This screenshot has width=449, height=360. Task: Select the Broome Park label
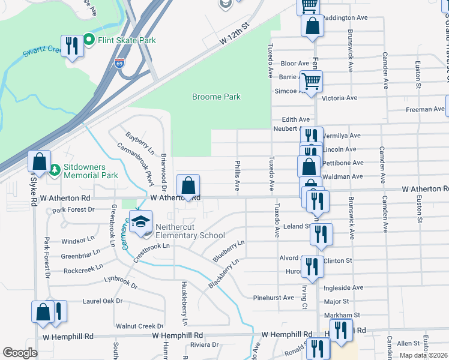pyautogui.click(x=216, y=97)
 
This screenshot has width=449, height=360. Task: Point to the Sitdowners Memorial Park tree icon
pyautogui.click(x=55, y=170)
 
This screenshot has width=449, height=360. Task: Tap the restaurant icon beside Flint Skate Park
pyautogui.click(x=73, y=46)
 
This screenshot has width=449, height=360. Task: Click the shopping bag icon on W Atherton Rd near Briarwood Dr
pyautogui.click(x=188, y=185)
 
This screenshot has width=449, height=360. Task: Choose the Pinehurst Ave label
pyautogui.click(x=274, y=297)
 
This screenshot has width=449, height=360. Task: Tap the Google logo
pyautogui.click(x=20, y=353)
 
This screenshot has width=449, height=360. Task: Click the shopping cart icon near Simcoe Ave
pyautogui.click(x=311, y=82)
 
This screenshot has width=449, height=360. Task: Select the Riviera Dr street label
pyautogui.click(x=203, y=344)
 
